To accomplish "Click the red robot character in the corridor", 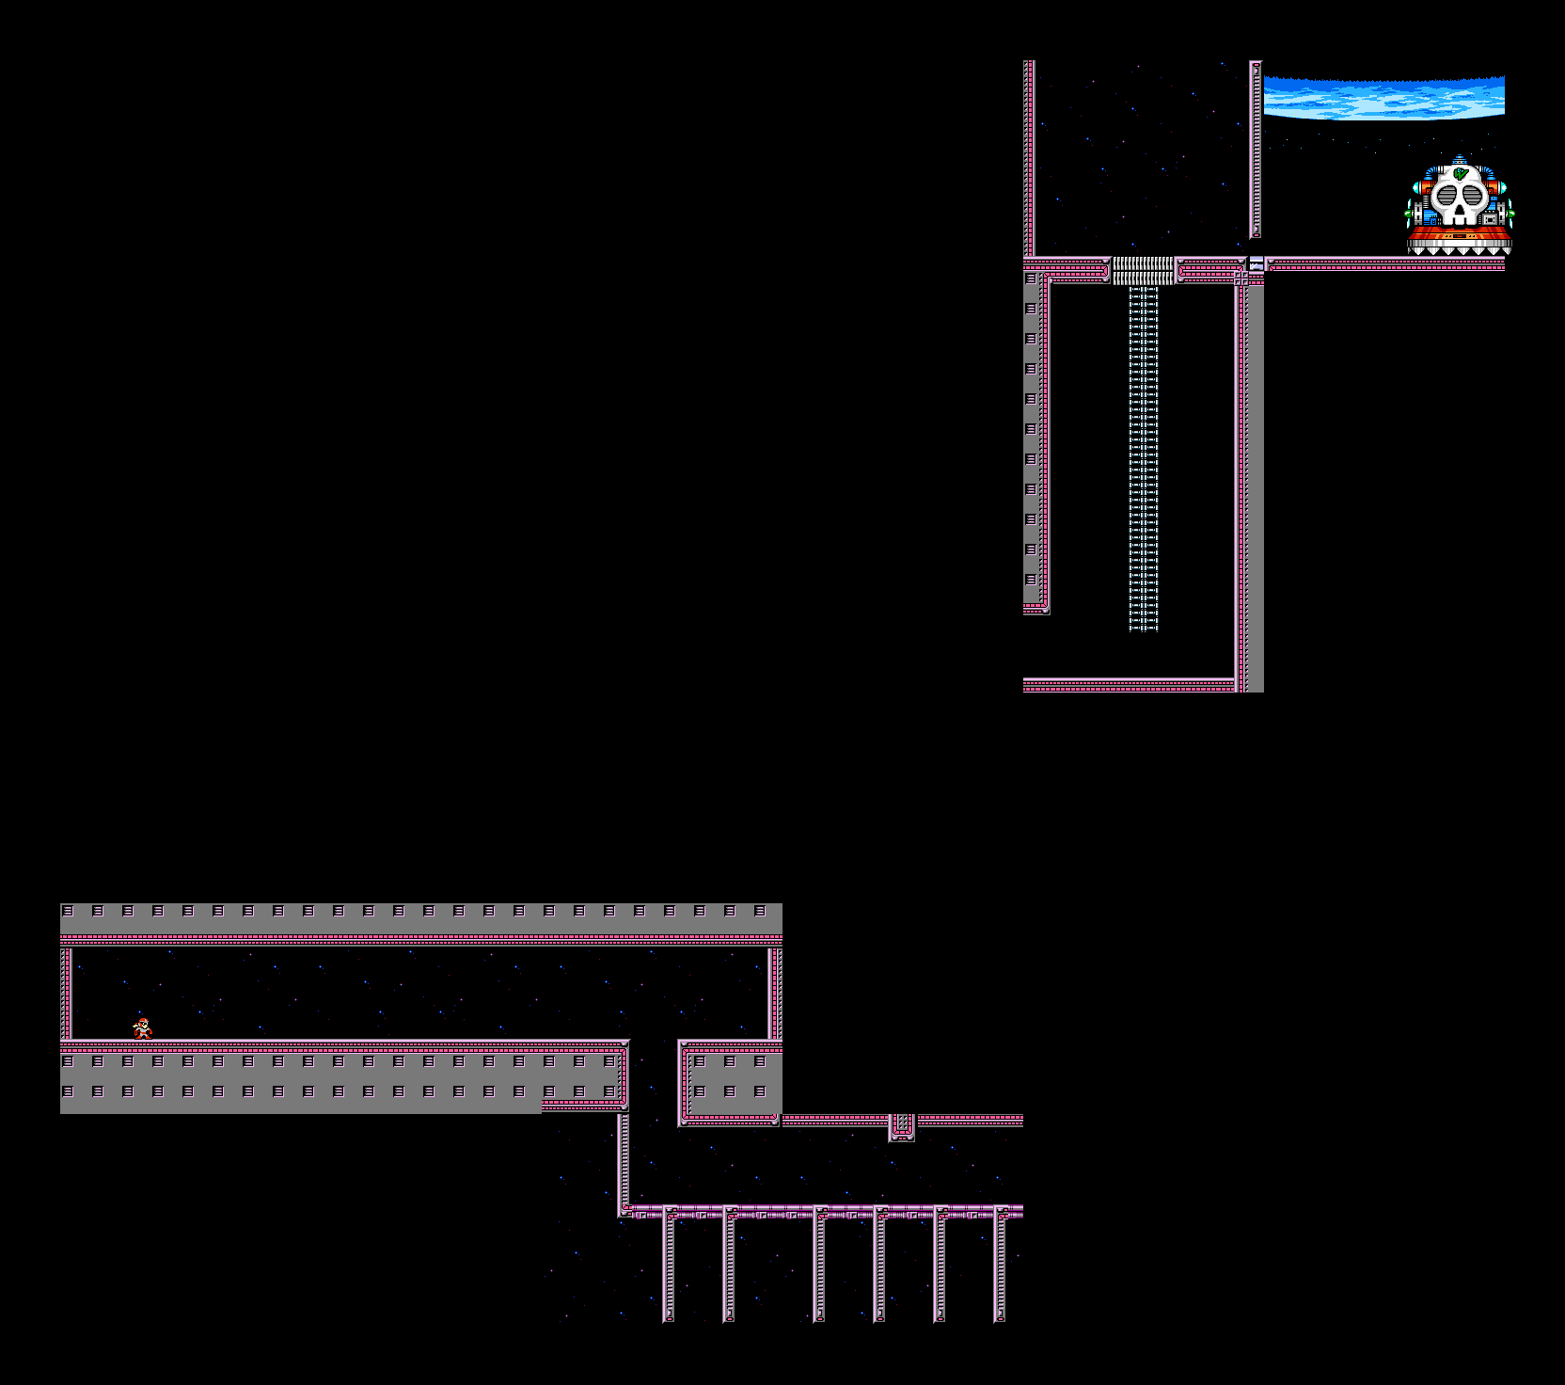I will [142, 1028].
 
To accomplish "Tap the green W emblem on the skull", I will [1459, 174].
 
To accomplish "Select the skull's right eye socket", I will [1472, 198].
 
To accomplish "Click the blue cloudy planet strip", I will [1383, 98].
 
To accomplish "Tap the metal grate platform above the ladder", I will [1144, 270].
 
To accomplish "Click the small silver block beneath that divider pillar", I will [1257, 264].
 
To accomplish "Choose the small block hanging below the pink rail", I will [902, 1126].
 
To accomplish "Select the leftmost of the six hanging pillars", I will [669, 1266].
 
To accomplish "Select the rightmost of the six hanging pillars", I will [1000, 1266].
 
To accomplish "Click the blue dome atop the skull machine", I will [1459, 162].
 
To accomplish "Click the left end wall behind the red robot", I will [66, 993].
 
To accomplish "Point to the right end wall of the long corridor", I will [775, 993].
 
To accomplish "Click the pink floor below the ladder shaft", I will [1129, 685].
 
